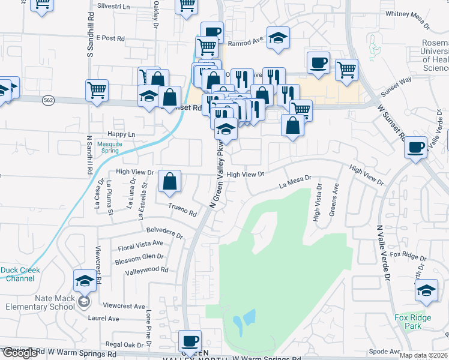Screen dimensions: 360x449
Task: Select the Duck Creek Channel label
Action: (20, 274)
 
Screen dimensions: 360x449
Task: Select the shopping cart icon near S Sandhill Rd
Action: (97, 91)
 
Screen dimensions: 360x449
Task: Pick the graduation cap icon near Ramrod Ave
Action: (278, 38)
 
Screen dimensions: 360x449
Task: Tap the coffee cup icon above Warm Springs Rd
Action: (191, 341)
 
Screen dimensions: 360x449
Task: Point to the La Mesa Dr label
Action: (295, 181)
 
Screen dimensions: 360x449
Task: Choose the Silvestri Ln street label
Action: (116, 7)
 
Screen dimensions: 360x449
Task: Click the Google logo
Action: (19, 353)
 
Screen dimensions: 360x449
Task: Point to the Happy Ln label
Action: (121, 134)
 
